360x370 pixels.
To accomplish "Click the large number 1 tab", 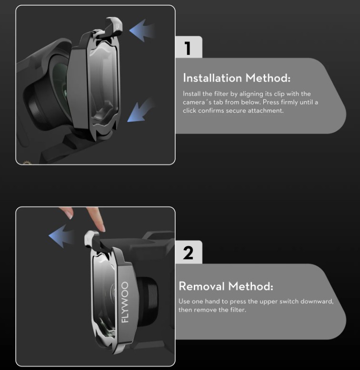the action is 189,47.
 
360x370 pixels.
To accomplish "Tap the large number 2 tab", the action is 189,252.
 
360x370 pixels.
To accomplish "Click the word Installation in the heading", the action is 212,78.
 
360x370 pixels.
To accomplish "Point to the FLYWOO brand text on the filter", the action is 125,302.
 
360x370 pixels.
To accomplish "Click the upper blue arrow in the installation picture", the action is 141,30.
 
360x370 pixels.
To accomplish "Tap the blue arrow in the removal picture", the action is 61,236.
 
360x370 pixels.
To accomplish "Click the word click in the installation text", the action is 190,111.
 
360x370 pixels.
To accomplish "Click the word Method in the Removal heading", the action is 250,286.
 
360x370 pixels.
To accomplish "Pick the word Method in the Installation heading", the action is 268,78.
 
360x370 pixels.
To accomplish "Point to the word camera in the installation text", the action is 194,103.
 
